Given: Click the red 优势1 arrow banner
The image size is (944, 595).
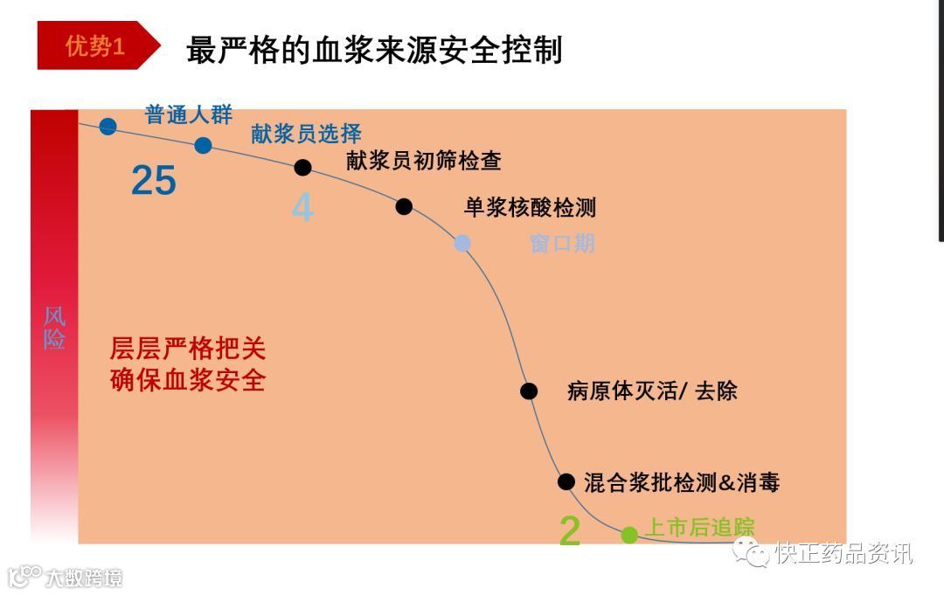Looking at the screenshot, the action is pos(96,45).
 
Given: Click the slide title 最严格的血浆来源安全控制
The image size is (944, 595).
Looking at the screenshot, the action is pos(374,50).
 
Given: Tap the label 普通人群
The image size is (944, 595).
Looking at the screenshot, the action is pos(189,114).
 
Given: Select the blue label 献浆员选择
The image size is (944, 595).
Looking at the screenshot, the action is pos(306,134).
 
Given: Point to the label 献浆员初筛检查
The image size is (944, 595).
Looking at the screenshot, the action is pos(424,160).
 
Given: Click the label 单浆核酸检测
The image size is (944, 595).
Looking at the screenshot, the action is pos(530,207).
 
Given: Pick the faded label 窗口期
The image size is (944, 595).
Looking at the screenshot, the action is pos(562,243).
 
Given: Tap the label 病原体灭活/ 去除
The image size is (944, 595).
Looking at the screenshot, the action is pos(652,391).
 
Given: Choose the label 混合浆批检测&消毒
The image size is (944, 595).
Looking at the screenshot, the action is pos(682,481).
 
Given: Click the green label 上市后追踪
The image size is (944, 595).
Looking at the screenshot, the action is pos(699,527).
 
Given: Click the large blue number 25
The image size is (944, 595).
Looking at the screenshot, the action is pos(154,181).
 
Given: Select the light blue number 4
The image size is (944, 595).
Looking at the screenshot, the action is pos(302,208).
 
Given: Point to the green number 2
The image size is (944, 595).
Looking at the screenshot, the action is pos(570,530).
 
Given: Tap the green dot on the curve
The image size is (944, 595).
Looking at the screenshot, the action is pos(629,535).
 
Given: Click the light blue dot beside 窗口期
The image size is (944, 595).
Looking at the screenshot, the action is pos(462,243).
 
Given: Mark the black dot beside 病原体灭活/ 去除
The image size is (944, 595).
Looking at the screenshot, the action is pos(529,391).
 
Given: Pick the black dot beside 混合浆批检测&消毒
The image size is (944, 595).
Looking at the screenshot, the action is pos(566,481).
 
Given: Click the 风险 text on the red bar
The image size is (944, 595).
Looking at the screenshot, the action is pos(54,328).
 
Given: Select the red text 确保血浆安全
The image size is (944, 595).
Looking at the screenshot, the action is pos(188,381).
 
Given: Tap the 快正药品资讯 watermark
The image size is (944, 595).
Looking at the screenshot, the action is pos(839,552).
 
